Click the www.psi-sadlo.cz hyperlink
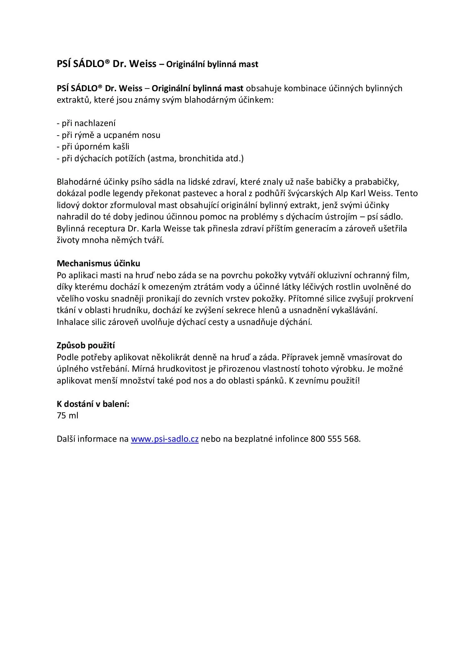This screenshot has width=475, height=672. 164,439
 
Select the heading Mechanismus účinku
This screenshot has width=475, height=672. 98,264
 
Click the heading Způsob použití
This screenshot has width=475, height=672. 86,346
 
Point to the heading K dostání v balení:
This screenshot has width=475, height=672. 93,404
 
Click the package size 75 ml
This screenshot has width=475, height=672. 67,416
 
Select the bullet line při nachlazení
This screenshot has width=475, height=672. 86,123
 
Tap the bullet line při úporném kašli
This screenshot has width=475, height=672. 93,147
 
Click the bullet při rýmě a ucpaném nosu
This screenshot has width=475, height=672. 109,135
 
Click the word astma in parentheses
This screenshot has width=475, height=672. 162,159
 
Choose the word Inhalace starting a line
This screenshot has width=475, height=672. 73,322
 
